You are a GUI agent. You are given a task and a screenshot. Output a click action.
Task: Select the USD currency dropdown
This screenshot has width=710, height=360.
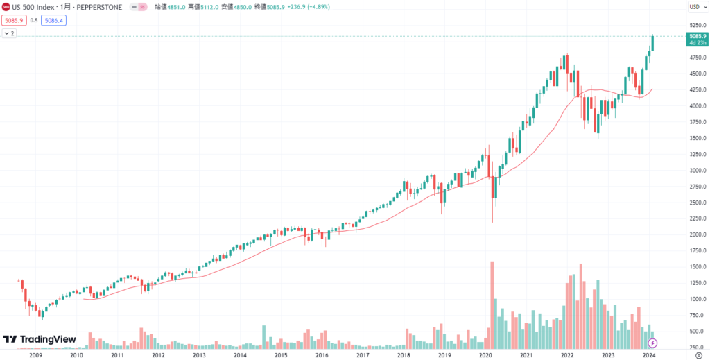coord(695,7)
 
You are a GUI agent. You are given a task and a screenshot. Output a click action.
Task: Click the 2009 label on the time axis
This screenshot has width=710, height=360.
coord(35,354)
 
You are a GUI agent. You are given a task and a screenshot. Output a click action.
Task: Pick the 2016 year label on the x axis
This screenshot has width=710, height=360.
coord(322,354)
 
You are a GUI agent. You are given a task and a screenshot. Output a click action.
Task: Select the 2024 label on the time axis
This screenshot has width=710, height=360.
coord(648,354)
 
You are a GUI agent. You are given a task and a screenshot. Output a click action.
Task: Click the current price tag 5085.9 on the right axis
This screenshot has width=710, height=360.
coord(696,36)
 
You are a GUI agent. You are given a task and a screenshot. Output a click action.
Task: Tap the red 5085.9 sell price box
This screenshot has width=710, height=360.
coord(13,21)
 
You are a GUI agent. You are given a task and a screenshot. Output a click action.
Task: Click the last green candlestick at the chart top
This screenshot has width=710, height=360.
coord(652,43)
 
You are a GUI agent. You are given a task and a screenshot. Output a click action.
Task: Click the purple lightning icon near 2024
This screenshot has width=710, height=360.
coord(652,343)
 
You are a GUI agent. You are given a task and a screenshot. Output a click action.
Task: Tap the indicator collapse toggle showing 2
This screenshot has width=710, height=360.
coord(9,33)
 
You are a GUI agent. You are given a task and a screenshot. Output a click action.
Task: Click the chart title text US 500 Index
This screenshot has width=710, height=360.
coord(35,7)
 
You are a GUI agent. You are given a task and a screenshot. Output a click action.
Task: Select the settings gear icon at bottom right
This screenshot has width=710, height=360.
coord(699,354)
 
